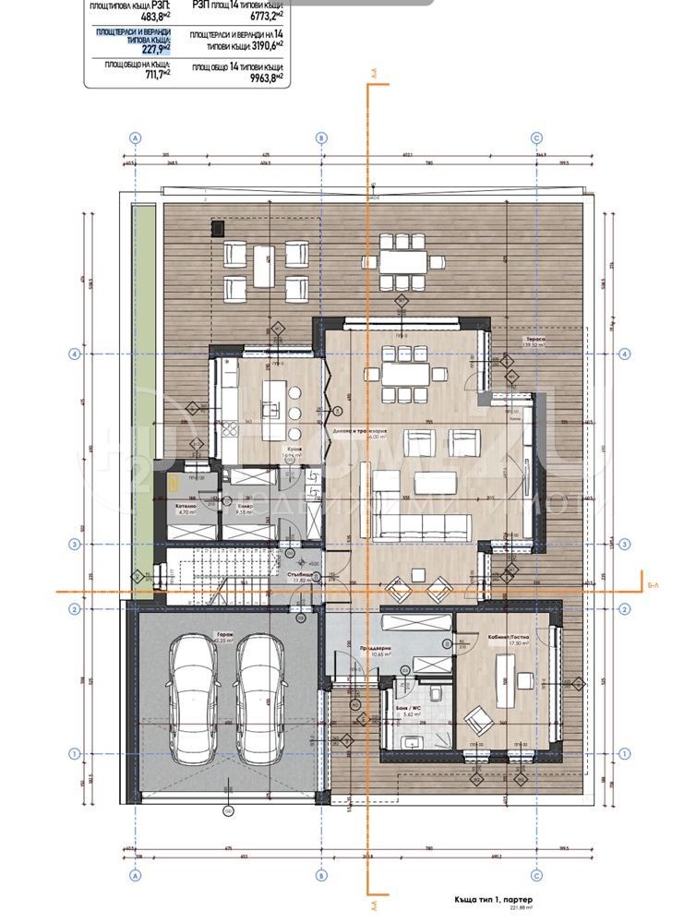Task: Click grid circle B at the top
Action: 321,138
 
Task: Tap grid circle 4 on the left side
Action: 75,354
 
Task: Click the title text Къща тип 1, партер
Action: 494,897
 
